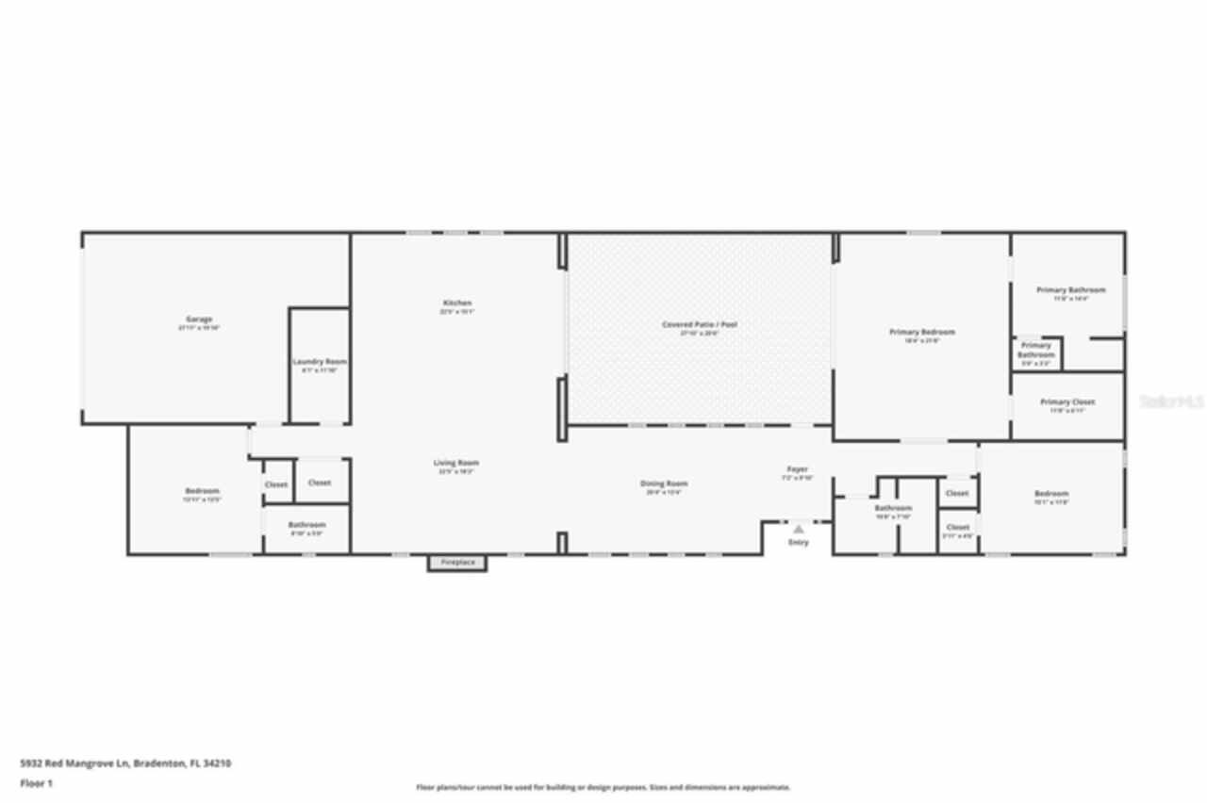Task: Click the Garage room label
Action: pos(198,320)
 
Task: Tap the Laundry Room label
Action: pos(320,362)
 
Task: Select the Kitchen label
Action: pos(456,303)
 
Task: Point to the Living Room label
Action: pos(456,463)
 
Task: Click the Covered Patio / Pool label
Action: pos(699,324)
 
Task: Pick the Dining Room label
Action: pos(664,483)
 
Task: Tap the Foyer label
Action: pos(798,469)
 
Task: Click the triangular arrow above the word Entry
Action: pos(798,530)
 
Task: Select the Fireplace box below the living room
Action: pos(457,564)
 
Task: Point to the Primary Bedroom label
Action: pos(921,332)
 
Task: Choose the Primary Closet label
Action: pos(1067,402)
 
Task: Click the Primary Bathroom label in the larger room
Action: pos(1070,289)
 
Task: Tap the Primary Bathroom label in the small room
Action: pos(1035,350)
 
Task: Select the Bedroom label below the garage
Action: pos(202,490)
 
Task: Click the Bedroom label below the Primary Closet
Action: pos(1051,494)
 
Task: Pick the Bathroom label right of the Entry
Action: pos(893,508)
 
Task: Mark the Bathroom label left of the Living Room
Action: pos(306,525)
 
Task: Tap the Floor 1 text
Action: pos(37,783)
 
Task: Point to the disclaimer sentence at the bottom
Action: pos(603,787)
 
